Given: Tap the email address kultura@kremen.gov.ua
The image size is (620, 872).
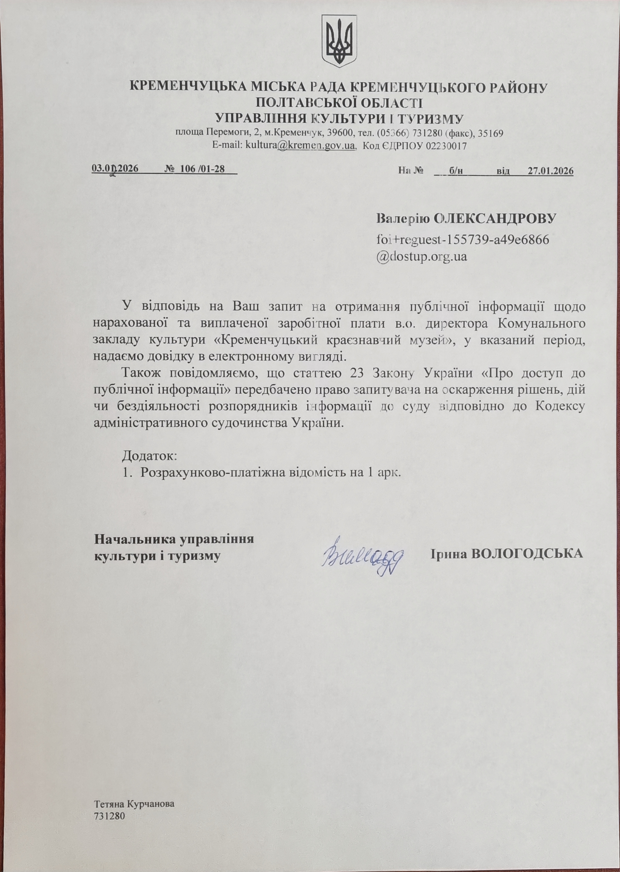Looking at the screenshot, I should (301, 146).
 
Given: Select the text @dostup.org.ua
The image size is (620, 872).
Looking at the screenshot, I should (422, 256).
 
